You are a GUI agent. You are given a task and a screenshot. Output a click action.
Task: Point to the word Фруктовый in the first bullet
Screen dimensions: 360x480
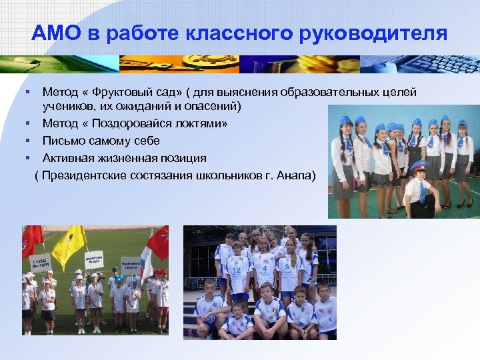[128, 92]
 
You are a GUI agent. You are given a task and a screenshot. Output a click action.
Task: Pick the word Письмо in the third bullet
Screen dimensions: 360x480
[62, 141]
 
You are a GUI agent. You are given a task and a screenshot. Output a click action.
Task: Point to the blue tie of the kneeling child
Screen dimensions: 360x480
[421, 192]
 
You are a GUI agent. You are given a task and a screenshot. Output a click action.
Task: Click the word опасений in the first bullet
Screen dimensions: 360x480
[217, 106]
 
